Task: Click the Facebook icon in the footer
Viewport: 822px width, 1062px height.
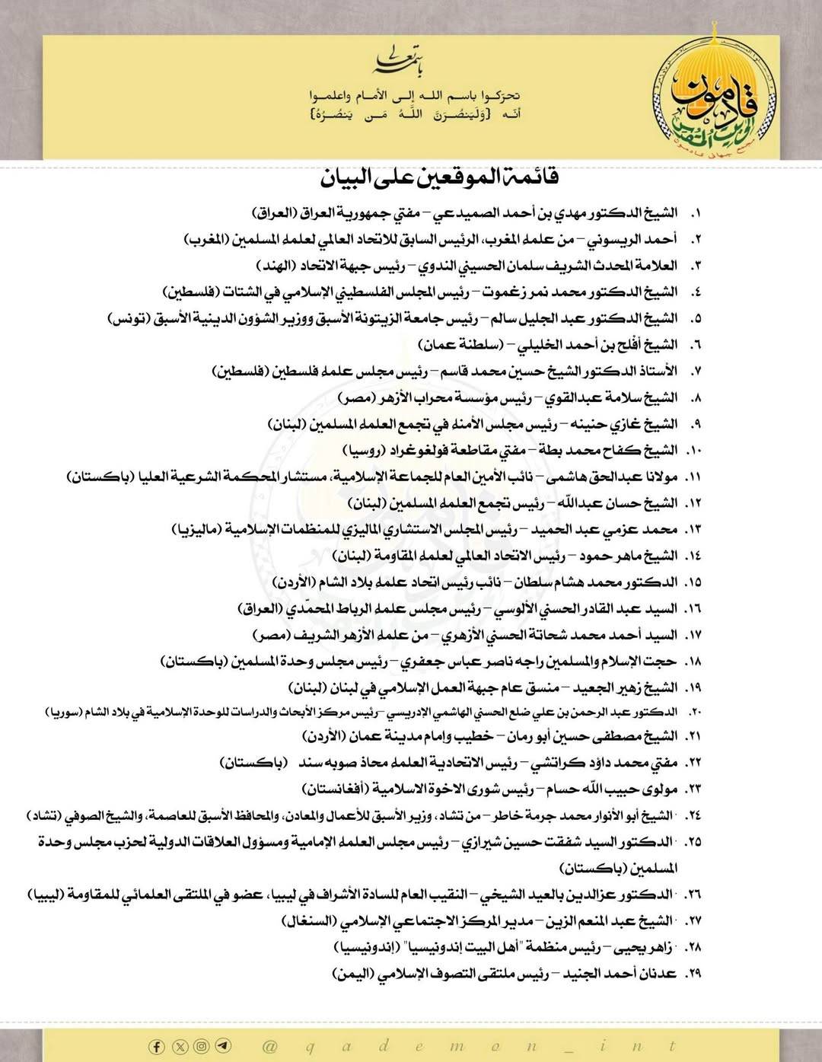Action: [x=157, y=1046]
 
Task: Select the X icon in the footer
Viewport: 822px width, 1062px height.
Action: [x=179, y=1046]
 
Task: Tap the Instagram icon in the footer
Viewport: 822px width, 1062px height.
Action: [x=201, y=1046]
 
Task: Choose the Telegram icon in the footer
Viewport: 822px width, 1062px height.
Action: [x=222, y=1046]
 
